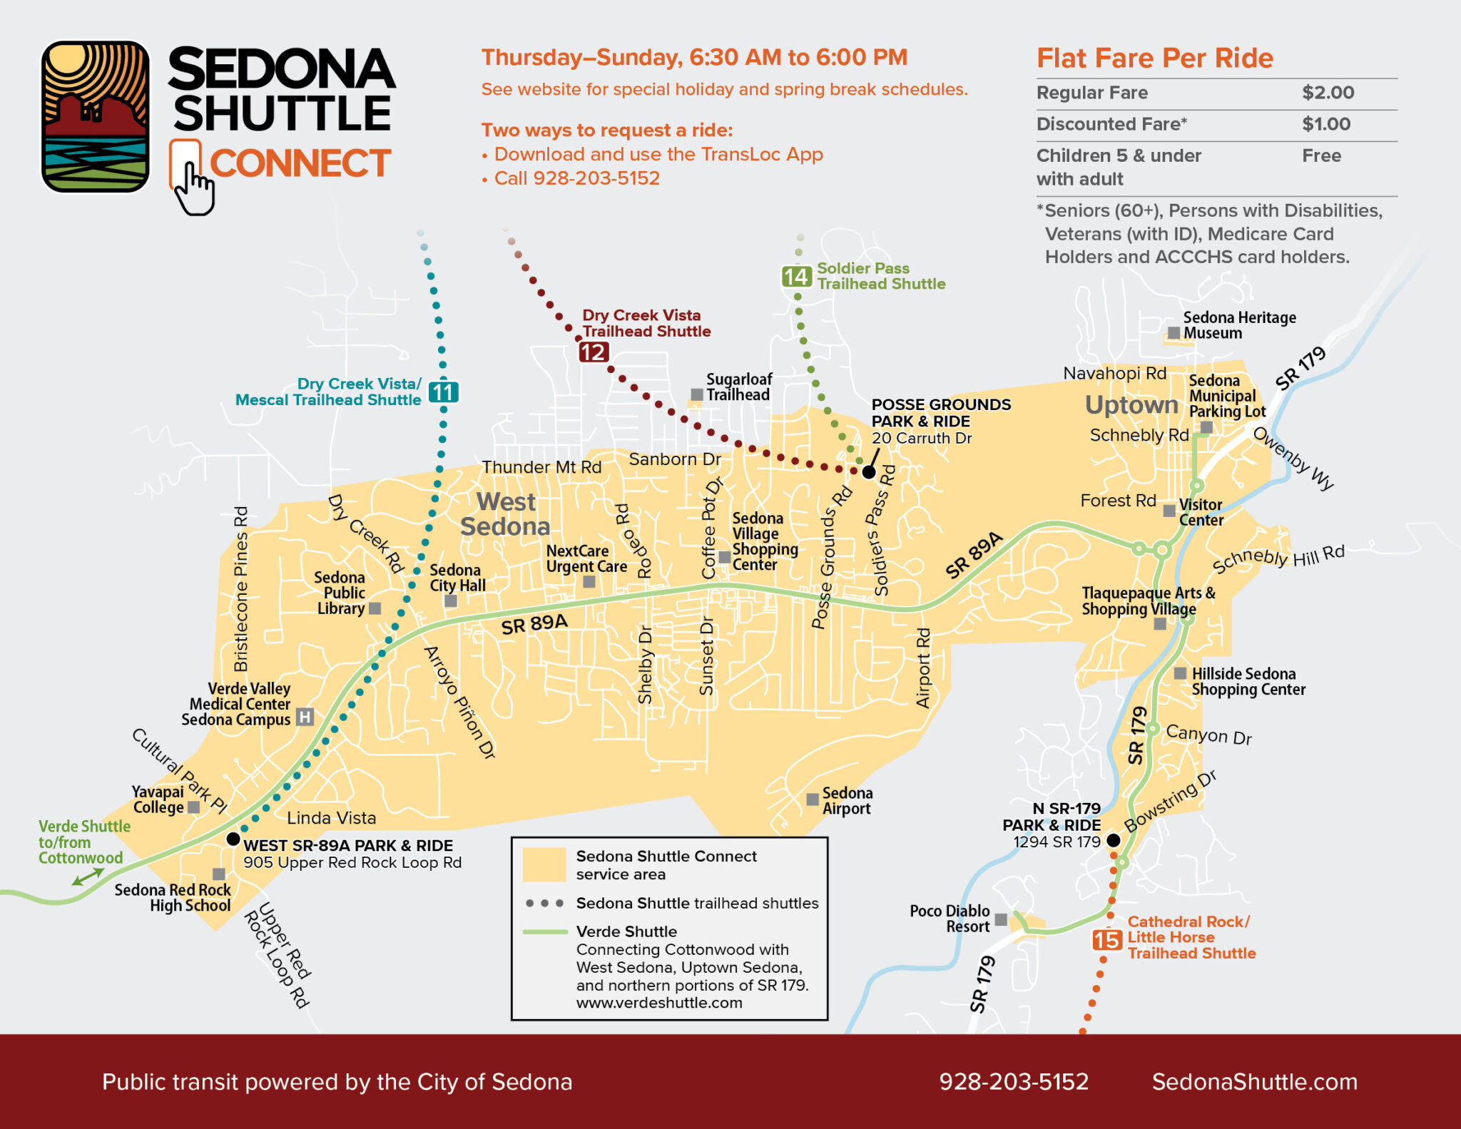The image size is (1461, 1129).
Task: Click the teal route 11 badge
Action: tap(443, 392)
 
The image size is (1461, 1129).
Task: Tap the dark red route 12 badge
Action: tap(593, 352)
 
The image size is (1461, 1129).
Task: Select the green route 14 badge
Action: tap(796, 277)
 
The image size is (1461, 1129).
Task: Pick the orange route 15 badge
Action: tap(1106, 940)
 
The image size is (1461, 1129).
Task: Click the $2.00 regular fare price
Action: tap(1328, 93)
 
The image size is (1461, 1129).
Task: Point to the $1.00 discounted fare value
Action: tap(1325, 124)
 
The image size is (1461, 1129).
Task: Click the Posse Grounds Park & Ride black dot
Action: tap(868, 471)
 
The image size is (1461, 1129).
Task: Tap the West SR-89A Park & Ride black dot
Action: tap(233, 839)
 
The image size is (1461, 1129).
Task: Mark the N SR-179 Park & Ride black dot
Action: tap(1113, 841)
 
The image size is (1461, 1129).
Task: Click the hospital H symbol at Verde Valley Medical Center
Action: tap(305, 717)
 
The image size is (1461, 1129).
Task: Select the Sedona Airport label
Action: tap(846, 800)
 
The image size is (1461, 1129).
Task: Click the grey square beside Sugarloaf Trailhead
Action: tap(697, 394)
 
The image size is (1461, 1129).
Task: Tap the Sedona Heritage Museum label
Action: tap(1239, 325)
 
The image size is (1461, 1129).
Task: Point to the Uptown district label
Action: tap(1131, 404)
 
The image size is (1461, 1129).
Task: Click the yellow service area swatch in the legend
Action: tap(544, 864)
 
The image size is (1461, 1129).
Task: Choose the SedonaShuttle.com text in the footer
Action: tap(1254, 1081)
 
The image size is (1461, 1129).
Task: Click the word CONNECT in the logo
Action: tap(300, 163)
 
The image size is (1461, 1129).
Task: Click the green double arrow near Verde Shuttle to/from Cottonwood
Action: tap(87, 877)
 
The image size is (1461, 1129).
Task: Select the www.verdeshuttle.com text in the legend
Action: tap(659, 1003)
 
